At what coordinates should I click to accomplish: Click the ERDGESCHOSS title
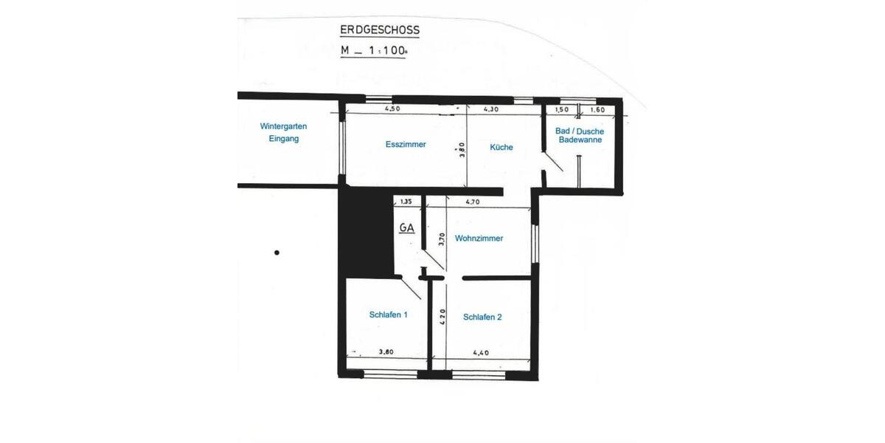pos(379,30)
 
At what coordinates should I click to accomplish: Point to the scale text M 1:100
pos(373,51)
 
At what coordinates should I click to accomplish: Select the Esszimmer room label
pos(406,145)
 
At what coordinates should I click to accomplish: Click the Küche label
pos(502,147)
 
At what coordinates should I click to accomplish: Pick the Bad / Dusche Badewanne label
pos(580,135)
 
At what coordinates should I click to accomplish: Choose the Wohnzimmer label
pos(479,238)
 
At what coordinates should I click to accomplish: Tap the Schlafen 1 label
pos(389,315)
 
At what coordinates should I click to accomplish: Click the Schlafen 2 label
pos(482,317)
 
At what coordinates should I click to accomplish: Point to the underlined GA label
pos(406,228)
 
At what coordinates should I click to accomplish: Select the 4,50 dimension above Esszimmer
pos(392,109)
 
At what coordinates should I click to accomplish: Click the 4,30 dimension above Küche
pos(491,109)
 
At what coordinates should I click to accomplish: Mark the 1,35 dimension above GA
pos(405,201)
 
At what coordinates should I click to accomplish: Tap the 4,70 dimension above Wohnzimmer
pos(473,201)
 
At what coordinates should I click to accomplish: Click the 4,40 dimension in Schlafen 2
pos(482,353)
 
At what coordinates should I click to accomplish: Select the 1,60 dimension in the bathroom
pos(597,109)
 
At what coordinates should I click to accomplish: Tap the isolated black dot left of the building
pos(277,253)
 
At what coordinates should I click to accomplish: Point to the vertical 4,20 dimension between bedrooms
pos(442,317)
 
